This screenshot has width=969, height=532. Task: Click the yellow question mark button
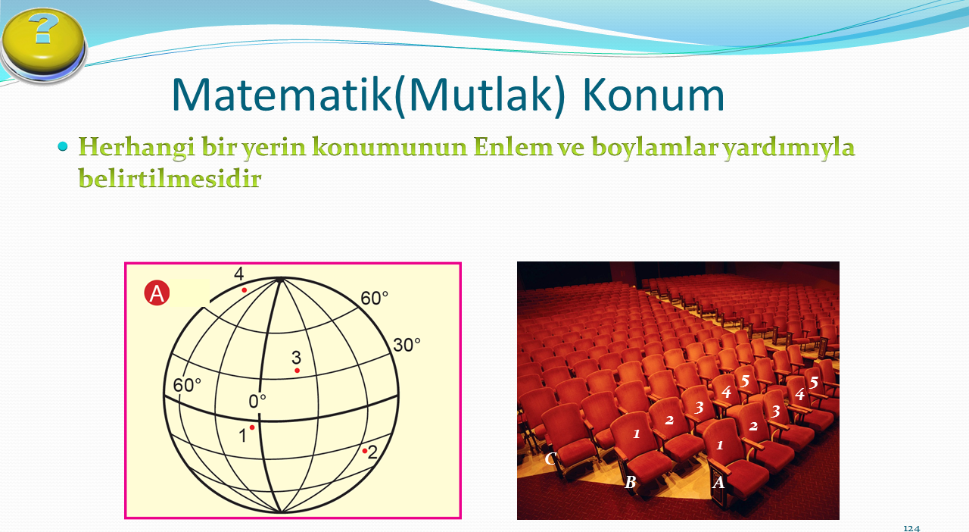(43, 44)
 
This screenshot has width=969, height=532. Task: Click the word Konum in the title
(653, 95)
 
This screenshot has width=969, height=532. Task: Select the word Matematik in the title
(282, 95)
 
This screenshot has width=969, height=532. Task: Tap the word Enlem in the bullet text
(513, 146)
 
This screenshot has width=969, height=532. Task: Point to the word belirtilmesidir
(170, 178)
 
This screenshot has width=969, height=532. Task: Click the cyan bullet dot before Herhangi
(63, 146)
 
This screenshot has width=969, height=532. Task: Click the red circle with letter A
(157, 293)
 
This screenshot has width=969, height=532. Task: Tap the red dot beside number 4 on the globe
(245, 289)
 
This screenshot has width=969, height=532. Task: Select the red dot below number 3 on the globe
(298, 371)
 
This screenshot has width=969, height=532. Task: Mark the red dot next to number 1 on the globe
(252, 427)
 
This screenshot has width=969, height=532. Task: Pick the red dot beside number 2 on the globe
(365, 451)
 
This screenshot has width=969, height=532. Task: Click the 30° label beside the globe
(407, 346)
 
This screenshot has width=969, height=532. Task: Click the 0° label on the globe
(257, 402)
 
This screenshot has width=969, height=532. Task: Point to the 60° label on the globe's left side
(187, 385)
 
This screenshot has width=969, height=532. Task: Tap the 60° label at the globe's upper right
(374, 298)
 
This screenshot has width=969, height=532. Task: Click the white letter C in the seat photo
(550, 458)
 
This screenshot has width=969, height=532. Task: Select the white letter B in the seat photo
(631, 482)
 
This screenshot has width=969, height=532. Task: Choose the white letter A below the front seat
(718, 482)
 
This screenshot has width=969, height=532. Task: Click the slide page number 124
(911, 528)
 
